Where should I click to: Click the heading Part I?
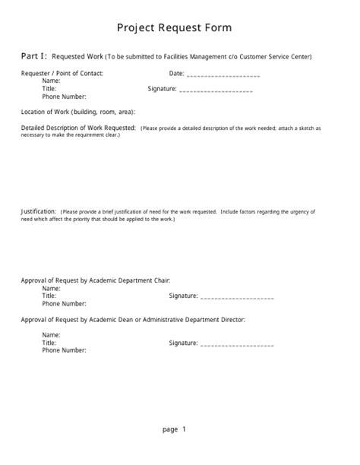33,55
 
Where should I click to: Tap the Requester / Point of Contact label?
62,74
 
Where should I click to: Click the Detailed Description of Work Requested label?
78,127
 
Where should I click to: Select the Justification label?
38,210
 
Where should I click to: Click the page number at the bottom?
174,429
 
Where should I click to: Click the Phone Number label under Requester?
64,96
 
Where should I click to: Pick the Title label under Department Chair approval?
49,296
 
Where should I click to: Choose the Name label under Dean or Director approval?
51,335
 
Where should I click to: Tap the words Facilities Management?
201,56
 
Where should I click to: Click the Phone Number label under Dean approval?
64,350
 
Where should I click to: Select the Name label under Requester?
51,81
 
